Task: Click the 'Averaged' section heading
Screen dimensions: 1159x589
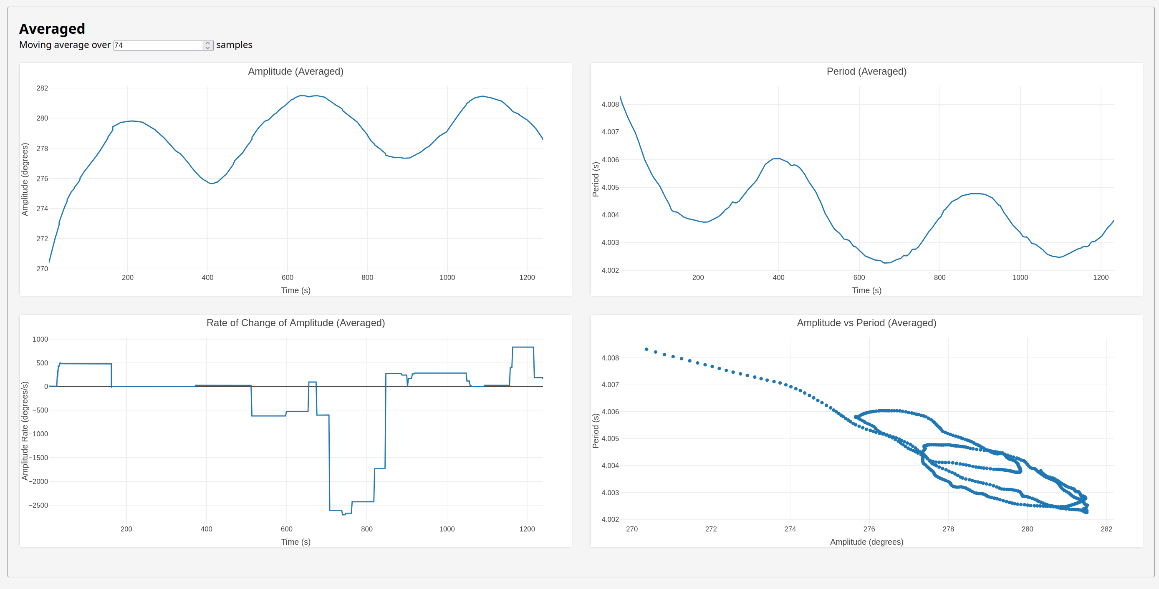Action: coord(52,29)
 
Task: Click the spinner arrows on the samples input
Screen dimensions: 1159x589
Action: coord(207,45)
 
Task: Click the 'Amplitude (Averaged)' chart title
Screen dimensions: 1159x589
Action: coord(295,71)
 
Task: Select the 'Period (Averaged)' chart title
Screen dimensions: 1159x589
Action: coord(866,71)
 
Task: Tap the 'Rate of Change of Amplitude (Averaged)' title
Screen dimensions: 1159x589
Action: coord(295,323)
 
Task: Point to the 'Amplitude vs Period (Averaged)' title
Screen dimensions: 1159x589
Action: coord(866,323)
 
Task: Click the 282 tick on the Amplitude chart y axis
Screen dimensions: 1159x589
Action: coord(42,88)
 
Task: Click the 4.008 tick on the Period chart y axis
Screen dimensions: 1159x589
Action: coord(610,104)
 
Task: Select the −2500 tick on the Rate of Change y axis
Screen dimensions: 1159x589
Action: coord(38,506)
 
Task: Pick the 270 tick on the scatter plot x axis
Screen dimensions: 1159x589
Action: coord(632,529)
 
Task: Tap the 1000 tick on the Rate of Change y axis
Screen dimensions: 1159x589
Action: coord(40,340)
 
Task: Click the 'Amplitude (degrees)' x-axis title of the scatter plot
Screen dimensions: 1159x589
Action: coord(866,542)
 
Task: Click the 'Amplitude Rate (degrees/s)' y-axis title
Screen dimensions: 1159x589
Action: coord(25,431)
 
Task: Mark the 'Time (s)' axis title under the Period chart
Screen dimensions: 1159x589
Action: coord(866,290)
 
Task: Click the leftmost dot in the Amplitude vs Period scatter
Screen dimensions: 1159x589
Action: coord(646,349)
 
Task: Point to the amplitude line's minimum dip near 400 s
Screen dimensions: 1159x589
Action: coord(211,184)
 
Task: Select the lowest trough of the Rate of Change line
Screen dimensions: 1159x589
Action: coord(344,514)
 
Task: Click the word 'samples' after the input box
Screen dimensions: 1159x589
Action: coord(234,45)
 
